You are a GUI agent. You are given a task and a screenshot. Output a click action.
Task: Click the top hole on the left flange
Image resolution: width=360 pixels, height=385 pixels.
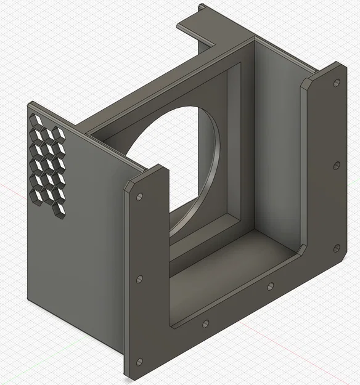point(139,197)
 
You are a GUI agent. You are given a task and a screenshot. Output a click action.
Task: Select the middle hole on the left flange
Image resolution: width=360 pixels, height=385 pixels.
point(139,279)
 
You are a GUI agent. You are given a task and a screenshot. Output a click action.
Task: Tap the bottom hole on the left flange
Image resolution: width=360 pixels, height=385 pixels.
point(139,362)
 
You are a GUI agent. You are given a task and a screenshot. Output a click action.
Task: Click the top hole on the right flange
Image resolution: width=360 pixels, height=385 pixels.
point(336,83)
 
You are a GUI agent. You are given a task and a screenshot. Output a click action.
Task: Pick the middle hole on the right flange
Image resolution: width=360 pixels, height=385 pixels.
point(336,165)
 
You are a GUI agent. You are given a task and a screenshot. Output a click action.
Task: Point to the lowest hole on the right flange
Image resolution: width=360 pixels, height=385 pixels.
point(336,248)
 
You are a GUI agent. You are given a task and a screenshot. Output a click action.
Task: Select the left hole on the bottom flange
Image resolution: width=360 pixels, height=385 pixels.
point(205,323)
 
